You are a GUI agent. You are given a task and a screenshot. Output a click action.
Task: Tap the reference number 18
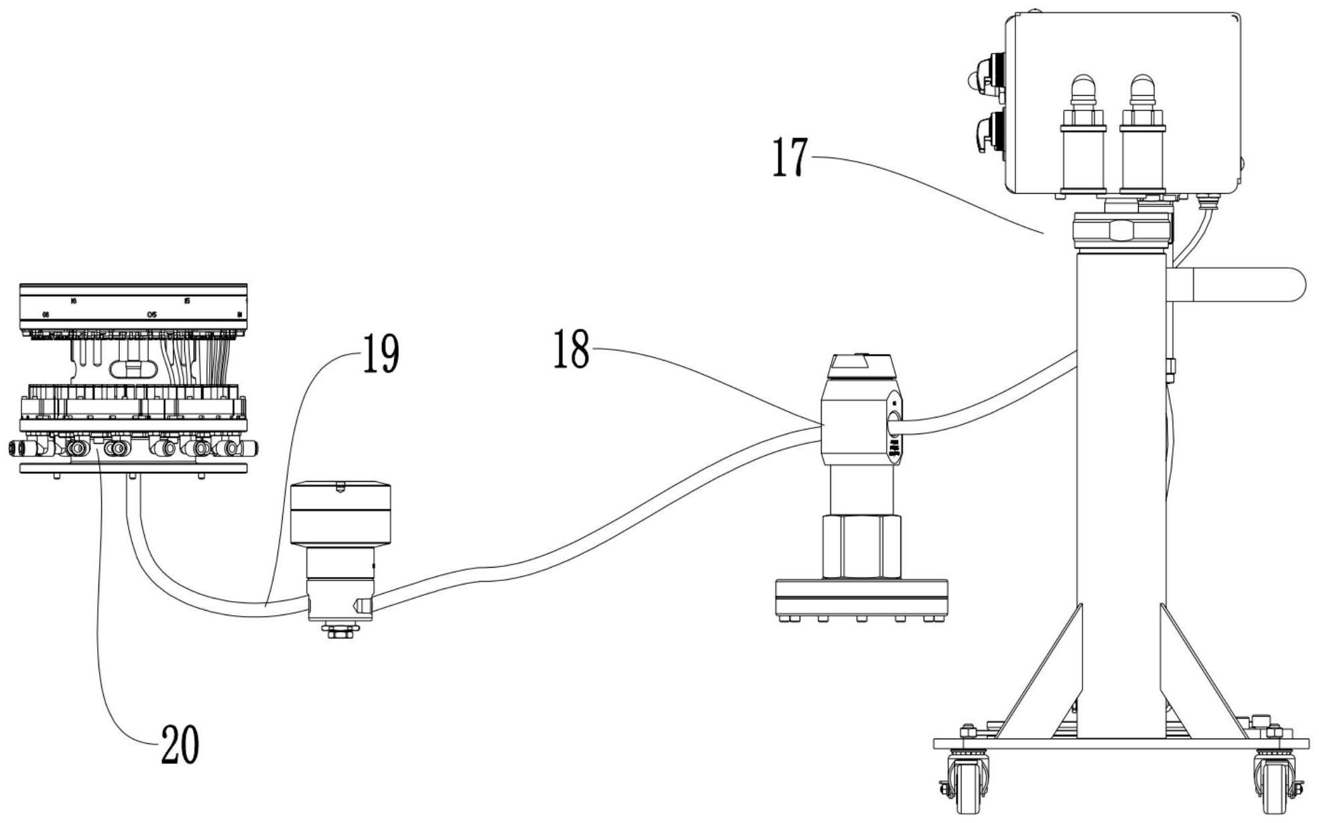pyautogui.click(x=571, y=350)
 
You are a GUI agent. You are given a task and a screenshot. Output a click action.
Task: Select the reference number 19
pyautogui.click(x=380, y=355)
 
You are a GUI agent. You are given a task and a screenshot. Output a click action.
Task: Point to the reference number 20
pyautogui.click(x=180, y=745)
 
